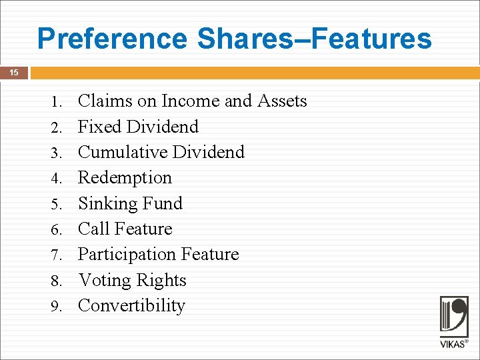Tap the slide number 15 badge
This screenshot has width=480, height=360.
(14, 73)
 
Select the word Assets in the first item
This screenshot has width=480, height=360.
(279, 101)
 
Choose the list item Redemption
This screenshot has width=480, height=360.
(125, 178)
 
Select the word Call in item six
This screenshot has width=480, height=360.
(93, 229)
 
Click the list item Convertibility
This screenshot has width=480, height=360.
(131, 305)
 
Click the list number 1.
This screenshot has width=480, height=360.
(57, 102)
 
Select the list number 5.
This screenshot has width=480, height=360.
(57, 204)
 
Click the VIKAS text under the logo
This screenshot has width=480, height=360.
(454, 345)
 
